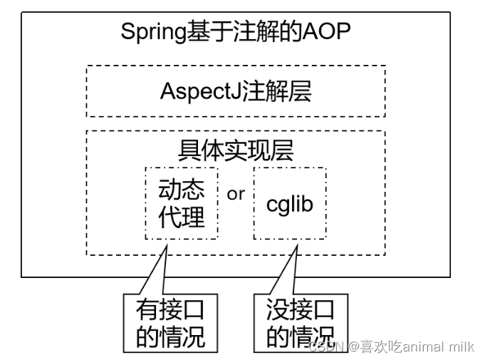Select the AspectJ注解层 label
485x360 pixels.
point(236,91)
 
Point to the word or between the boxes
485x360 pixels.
point(235,194)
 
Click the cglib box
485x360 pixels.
point(290,204)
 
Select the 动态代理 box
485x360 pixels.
point(182,203)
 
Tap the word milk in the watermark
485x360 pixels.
point(462,346)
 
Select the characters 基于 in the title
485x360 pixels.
point(207,32)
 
